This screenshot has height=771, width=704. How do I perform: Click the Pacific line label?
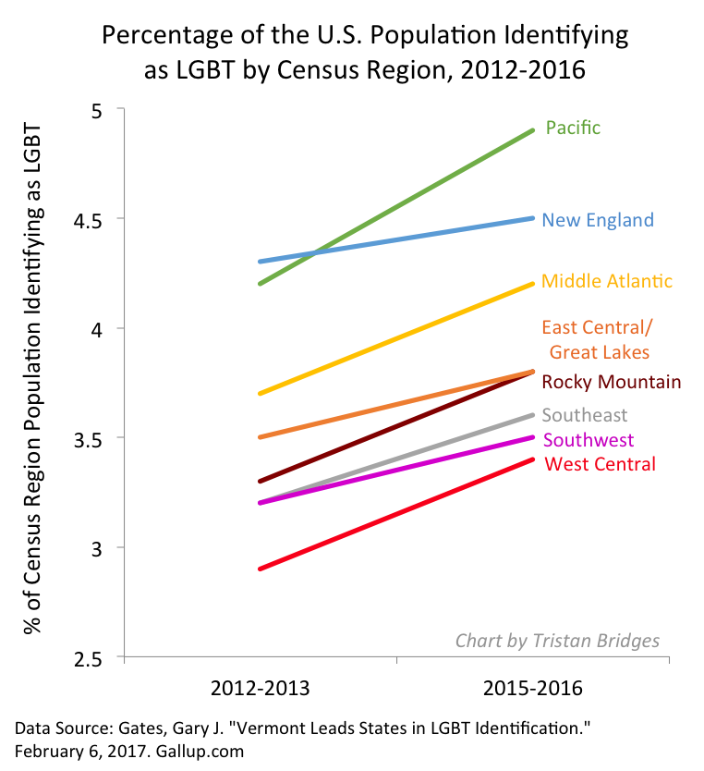point(573,128)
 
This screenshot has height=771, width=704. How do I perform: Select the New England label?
point(597,220)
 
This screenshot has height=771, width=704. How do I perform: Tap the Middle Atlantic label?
point(606,281)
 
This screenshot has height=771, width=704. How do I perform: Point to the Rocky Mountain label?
point(611,382)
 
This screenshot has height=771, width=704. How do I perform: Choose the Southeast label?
point(585,416)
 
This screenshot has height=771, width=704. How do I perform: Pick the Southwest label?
point(589,440)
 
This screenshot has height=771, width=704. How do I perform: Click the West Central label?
point(601,464)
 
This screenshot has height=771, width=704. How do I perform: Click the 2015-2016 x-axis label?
point(533,690)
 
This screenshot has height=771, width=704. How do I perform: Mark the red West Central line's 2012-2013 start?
point(260,569)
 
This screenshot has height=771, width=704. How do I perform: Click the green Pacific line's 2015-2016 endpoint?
point(533,130)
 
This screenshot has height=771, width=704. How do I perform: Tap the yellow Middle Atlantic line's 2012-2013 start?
point(260,393)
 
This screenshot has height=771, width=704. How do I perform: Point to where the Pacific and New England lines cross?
point(317,252)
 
